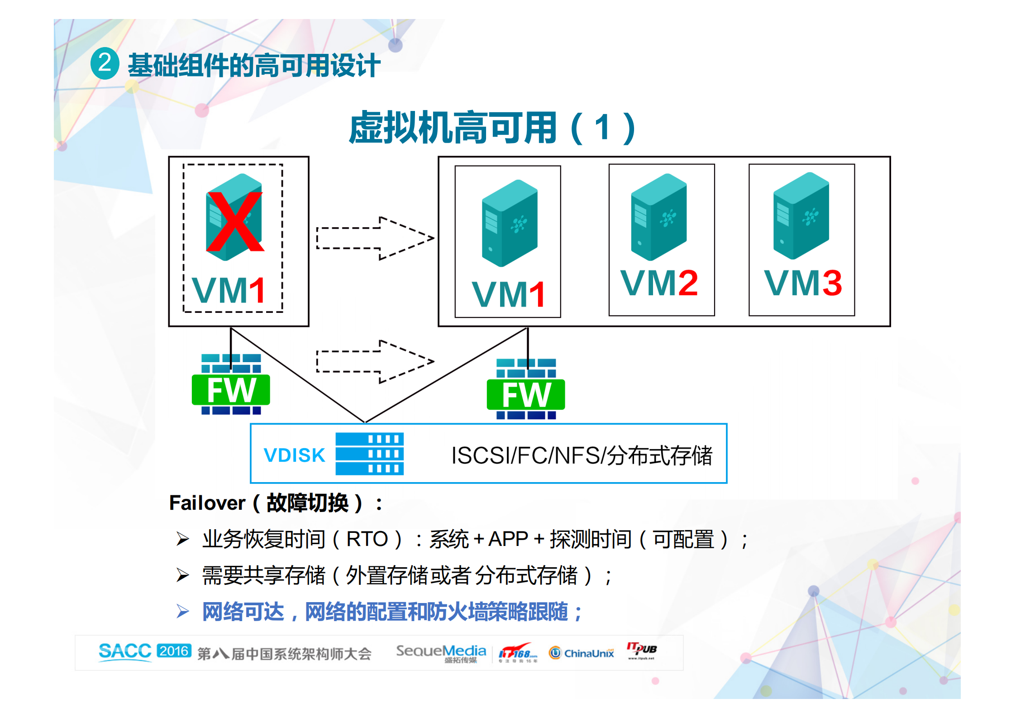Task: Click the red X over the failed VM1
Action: (x=235, y=221)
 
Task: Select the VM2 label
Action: (x=659, y=283)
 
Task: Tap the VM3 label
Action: (x=803, y=283)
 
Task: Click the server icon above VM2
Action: (x=659, y=217)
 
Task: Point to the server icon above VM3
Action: (x=801, y=215)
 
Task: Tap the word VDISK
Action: (x=294, y=455)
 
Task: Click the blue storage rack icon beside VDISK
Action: (x=369, y=454)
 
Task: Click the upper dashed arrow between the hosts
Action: (x=375, y=238)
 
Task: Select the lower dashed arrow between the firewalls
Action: (x=375, y=361)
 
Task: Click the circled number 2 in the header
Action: (x=105, y=63)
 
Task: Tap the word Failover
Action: (x=207, y=503)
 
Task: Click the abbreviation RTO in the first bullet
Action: (x=367, y=539)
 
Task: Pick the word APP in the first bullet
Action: (x=508, y=539)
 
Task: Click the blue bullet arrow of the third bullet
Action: (x=183, y=612)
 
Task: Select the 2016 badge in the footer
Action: (x=174, y=651)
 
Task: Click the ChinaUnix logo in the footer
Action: (x=582, y=653)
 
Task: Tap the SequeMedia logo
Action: (x=441, y=652)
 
